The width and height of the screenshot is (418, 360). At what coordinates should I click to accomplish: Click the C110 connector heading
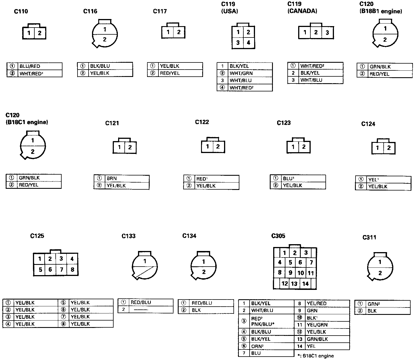(21, 11)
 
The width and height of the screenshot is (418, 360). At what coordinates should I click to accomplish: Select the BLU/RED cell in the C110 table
(30, 66)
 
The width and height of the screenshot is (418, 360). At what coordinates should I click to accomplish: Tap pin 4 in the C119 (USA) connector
(248, 43)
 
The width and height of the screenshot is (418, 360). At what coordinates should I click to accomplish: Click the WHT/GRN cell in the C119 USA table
(241, 73)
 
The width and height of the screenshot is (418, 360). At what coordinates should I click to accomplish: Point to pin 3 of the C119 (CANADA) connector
(327, 33)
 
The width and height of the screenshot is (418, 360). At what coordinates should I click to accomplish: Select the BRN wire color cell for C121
(112, 179)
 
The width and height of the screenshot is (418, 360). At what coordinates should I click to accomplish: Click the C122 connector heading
(202, 122)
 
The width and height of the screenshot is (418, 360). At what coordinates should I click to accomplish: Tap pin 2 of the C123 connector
(304, 147)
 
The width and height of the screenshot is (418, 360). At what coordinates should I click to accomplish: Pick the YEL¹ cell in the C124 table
(373, 180)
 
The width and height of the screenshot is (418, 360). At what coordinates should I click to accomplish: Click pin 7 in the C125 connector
(61, 269)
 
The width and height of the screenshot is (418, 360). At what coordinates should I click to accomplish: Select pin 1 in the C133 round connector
(145, 261)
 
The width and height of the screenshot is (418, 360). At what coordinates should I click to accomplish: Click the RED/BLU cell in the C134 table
(202, 303)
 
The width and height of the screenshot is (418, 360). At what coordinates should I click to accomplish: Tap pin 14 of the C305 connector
(305, 284)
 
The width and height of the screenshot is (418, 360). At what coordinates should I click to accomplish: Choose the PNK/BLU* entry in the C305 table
(263, 324)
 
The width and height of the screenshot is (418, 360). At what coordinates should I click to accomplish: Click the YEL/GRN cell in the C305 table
(317, 325)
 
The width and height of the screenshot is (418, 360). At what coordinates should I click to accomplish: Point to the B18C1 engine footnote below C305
(315, 356)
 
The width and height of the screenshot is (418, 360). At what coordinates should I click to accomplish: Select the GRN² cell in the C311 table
(373, 304)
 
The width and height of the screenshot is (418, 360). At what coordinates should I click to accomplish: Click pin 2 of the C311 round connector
(380, 273)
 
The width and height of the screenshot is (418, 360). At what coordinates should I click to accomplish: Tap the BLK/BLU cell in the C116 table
(100, 66)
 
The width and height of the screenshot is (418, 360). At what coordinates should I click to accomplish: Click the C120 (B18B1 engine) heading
(381, 8)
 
